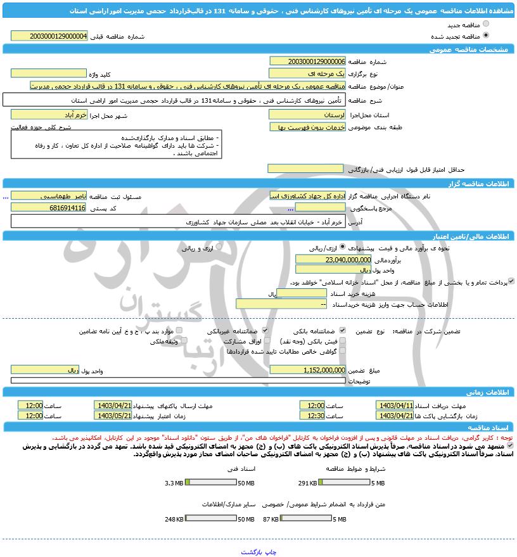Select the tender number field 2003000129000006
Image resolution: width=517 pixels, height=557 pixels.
click(x=307, y=61)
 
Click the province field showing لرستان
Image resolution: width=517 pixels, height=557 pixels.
click(x=307, y=115)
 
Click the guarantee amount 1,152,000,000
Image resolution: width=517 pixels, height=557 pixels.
click(x=307, y=369)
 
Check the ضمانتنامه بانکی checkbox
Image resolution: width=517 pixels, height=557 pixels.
click(x=343, y=331)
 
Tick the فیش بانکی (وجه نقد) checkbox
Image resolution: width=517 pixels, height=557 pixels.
click(x=343, y=341)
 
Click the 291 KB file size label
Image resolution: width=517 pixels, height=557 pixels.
click(x=308, y=483)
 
